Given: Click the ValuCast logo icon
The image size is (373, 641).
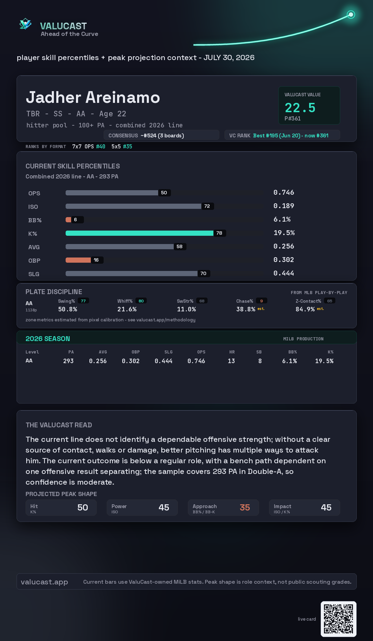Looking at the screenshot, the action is click(25, 24).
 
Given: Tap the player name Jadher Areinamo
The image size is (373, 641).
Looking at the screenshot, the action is click(93, 97).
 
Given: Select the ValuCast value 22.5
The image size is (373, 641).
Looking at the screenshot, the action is click(300, 108).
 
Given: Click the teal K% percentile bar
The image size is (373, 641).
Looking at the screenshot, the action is click(140, 233).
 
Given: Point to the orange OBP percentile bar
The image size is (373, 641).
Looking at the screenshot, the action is click(78, 260).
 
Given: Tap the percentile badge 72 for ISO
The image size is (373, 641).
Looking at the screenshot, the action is click(207, 206).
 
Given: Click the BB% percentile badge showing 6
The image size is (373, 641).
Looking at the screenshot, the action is click(76, 220).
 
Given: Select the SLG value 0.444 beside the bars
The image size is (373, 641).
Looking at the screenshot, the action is click(284, 273).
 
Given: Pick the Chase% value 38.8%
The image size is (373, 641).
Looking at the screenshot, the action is click(246, 309).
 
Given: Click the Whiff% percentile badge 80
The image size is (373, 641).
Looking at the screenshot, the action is click(141, 301).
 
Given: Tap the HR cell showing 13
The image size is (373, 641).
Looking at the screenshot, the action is click(231, 361).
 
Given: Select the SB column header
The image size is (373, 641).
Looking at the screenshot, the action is click(259, 352).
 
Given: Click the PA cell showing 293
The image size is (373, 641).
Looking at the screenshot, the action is click(68, 361).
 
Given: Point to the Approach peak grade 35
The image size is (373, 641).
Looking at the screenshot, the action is click(245, 507).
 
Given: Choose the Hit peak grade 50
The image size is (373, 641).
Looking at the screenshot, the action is click(83, 507).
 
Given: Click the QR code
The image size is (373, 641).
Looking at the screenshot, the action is click(338, 619).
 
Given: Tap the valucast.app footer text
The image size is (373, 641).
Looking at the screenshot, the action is click(44, 582).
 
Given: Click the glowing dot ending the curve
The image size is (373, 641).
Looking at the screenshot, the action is click(351, 14).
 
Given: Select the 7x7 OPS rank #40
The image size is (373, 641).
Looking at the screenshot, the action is click(101, 146).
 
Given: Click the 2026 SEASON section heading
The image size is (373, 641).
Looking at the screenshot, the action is click(48, 339).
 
